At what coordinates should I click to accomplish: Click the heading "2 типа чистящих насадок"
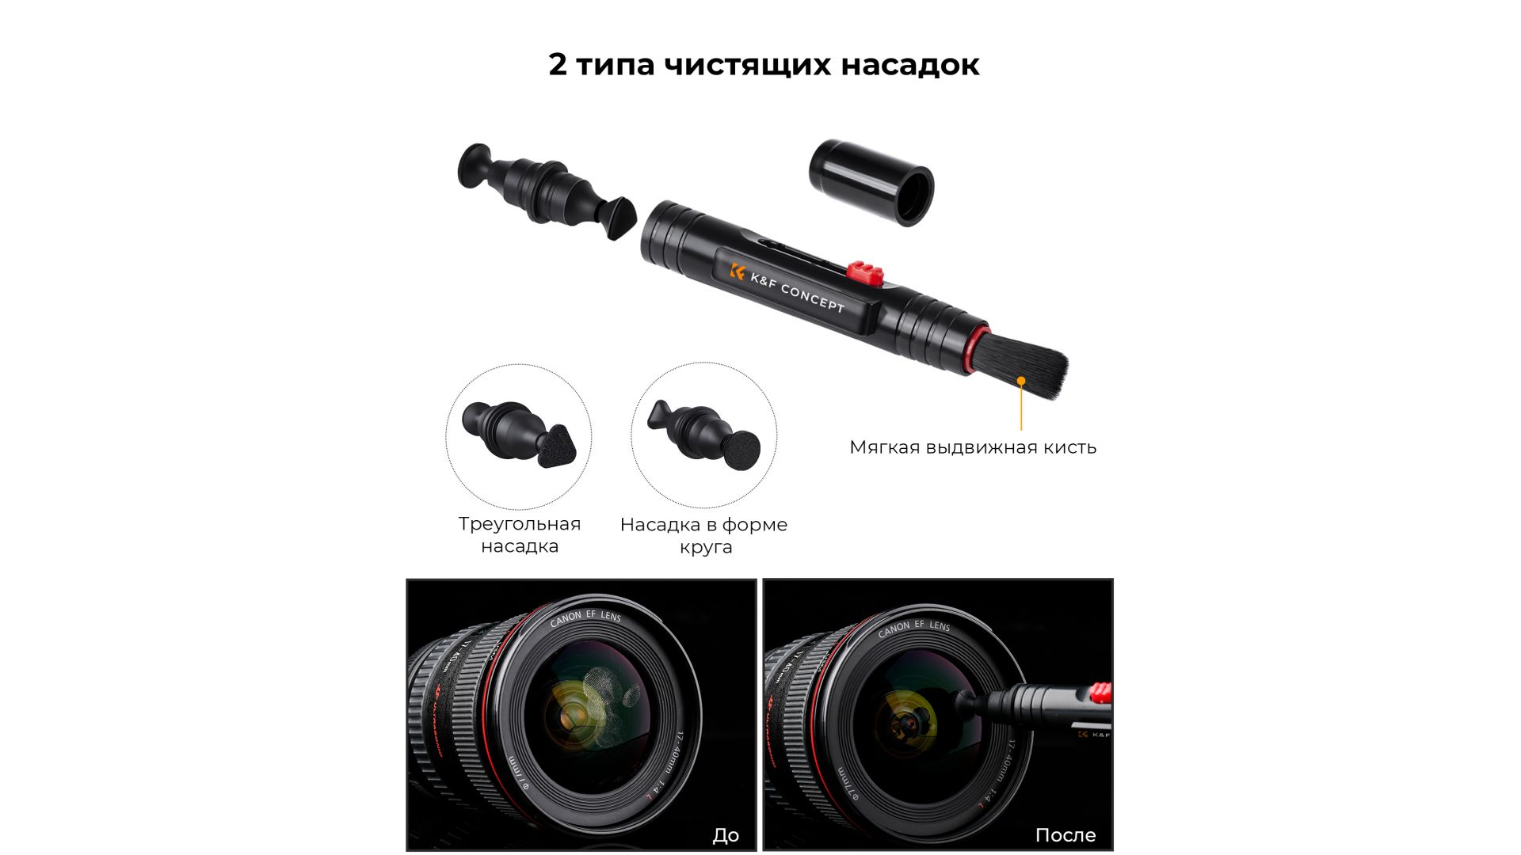(x=764, y=65)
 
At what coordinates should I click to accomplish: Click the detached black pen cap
(x=871, y=183)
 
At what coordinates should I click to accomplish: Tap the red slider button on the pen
(x=865, y=272)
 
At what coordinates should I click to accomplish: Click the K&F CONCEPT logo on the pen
(x=787, y=288)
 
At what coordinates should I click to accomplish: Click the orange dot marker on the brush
(x=1021, y=381)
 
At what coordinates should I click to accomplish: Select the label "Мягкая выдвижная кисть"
(x=973, y=447)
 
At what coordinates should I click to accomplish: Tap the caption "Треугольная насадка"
(x=520, y=534)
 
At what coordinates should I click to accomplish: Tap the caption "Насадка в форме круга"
(x=704, y=535)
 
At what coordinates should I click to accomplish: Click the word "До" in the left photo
(x=726, y=835)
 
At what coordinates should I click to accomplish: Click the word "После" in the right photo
(x=1065, y=835)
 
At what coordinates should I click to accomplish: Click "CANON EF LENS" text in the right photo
(x=913, y=627)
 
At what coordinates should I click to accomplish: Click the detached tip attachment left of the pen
(x=547, y=192)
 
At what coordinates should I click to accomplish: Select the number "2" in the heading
(x=558, y=65)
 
